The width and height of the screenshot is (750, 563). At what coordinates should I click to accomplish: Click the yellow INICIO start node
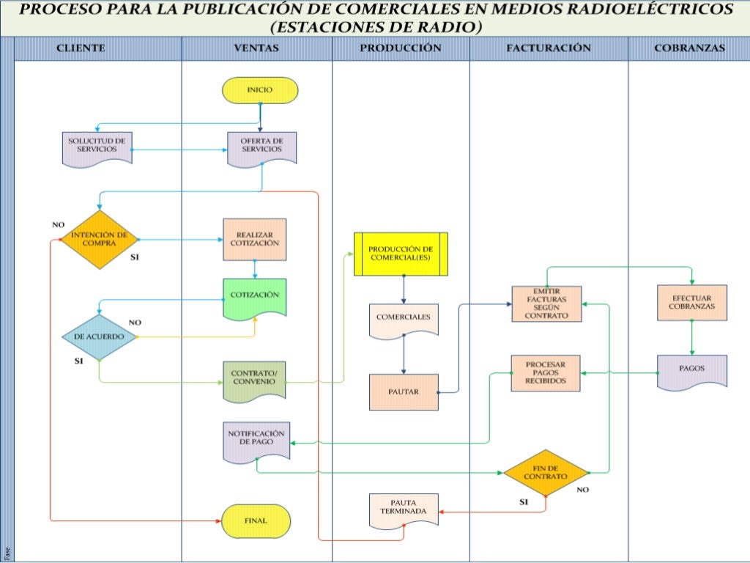click(260, 90)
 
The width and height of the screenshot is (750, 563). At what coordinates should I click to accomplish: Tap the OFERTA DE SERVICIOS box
click(261, 147)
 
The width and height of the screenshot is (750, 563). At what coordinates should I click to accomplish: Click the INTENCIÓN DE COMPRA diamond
click(99, 239)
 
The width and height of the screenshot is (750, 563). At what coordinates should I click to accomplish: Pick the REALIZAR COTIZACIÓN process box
click(254, 239)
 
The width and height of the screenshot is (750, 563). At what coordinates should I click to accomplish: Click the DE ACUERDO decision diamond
click(99, 336)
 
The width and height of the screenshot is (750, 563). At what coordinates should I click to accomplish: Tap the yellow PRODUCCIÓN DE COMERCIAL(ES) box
click(401, 254)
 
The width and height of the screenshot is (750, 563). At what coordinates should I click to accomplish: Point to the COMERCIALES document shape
click(403, 320)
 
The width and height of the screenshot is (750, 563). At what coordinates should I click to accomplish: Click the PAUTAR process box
click(403, 391)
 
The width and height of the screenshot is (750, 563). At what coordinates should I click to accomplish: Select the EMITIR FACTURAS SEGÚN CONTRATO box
click(546, 303)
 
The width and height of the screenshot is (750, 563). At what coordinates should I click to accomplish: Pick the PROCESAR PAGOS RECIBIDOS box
click(546, 373)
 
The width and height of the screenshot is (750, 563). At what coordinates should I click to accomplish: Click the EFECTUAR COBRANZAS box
click(692, 303)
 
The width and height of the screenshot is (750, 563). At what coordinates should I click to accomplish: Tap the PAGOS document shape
click(692, 371)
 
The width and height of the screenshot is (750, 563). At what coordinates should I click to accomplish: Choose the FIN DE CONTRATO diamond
click(546, 473)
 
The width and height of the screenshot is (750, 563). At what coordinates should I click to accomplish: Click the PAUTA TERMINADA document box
click(404, 508)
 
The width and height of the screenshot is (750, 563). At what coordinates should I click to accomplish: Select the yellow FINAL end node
click(256, 520)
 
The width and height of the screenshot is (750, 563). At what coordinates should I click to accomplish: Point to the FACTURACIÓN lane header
click(548, 48)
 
